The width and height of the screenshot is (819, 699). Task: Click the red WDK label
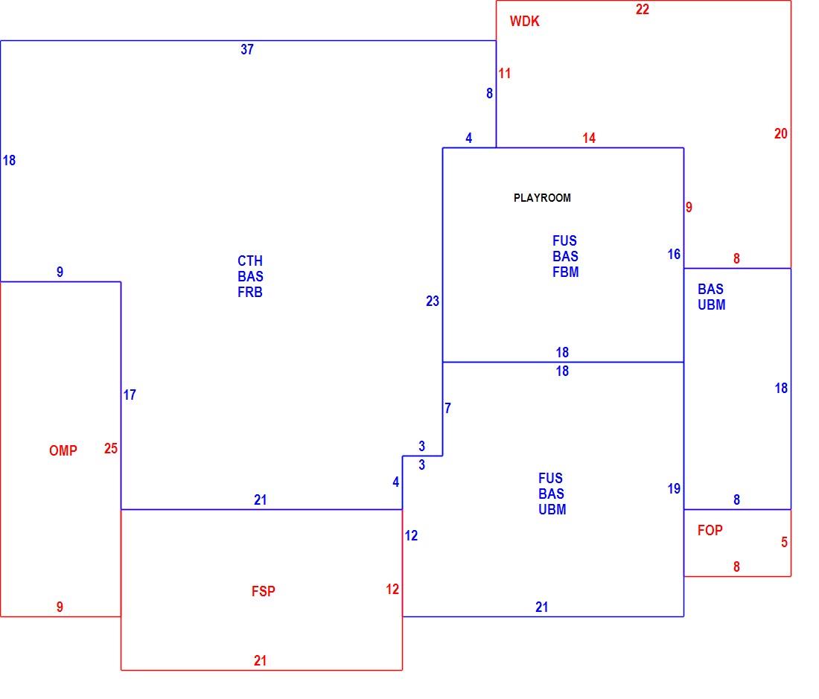pyautogui.click(x=524, y=22)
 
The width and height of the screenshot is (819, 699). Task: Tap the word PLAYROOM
pyautogui.click(x=542, y=198)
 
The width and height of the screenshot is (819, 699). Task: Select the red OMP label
pyautogui.click(x=63, y=450)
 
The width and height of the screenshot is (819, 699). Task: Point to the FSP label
pyautogui.click(x=264, y=591)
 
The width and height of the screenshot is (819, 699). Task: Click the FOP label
pyautogui.click(x=710, y=530)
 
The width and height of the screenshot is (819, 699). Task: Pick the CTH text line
pyautogui.click(x=250, y=261)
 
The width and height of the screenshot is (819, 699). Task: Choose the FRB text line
pyautogui.click(x=250, y=293)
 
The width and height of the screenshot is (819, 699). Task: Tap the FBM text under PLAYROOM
pyautogui.click(x=566, y=272)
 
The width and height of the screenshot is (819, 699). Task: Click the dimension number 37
pyautogui.click(x=247, y=50)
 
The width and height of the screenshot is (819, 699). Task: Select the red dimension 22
pyautogui.click(x=643, y=10)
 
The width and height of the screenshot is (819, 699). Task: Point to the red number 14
pyautogui.click(x=589, y=138)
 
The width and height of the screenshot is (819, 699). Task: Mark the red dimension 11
pyautogui.click(x=505, y=74)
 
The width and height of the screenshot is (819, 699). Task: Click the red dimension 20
pyautogui.click(x=781, y=134)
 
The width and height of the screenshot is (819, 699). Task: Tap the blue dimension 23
pyautogui.click(x=433, y=301)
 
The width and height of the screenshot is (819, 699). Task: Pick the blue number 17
pyautogui.click(x=130, y=395)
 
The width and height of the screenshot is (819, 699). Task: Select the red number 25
pyautogui.click(x=111, y=448)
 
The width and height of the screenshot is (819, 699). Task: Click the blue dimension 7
pyautogui.click(x=447, y=408)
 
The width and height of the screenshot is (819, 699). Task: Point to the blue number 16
pyautogui.click(x=674, y=255)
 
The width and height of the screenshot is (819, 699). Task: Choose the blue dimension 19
pyautogui.click(x=674, y=488)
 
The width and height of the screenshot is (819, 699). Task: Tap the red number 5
pyautogui.click(x=784, y=543)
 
